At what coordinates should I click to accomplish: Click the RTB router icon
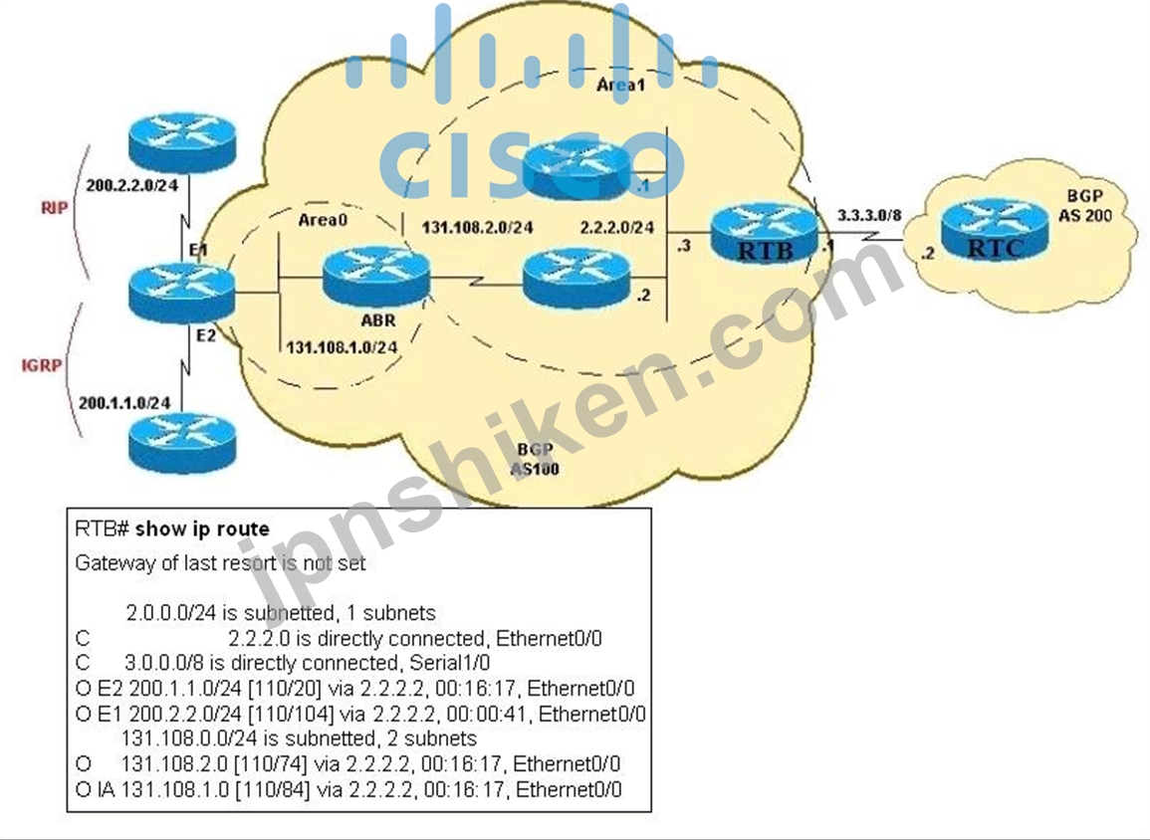764,232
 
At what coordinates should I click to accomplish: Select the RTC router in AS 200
995,230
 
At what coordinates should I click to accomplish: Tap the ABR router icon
375,277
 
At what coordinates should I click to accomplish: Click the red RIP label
55,208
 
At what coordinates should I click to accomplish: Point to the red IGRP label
41,365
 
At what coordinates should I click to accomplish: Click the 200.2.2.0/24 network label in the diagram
132,185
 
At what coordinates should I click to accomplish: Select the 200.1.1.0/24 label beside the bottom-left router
123,402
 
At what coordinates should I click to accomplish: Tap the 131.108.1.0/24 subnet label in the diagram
342,346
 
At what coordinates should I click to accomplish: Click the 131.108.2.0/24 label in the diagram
477,227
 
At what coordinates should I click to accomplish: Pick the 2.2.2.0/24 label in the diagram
616,228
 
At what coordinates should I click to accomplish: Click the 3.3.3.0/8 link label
869,216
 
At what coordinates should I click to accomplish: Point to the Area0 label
323,219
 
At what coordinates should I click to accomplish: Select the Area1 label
620,85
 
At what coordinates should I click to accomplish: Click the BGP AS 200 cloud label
1084,206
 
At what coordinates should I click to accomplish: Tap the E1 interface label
198,249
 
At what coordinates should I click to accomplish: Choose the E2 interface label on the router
206,335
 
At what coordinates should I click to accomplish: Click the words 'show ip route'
202,528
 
